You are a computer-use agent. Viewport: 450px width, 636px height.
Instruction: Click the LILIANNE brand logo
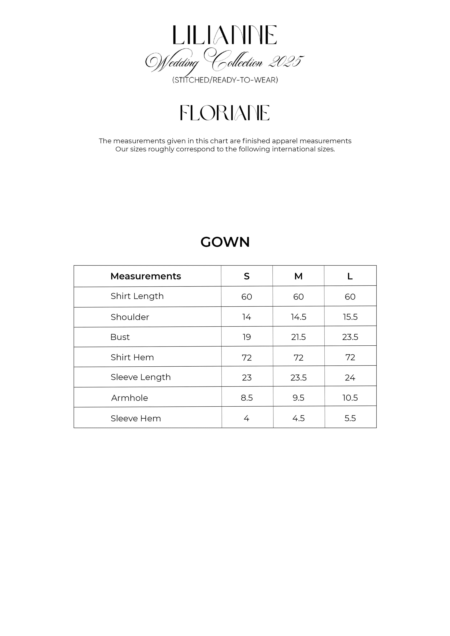[225, 35]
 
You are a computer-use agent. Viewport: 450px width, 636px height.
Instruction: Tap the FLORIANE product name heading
[225, 113]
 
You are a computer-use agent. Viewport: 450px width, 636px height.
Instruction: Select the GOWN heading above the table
[225, 242]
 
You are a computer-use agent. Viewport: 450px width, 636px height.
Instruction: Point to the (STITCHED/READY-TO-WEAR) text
[225, 80]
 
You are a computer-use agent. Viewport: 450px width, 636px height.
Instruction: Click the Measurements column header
[145, 276]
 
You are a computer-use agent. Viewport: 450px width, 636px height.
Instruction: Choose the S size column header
[247, 276]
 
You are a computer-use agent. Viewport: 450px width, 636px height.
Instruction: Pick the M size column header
[298, 276]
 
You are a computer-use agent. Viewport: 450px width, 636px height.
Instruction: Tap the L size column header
[350, 276]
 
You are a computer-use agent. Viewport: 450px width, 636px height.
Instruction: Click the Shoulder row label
[130, 317]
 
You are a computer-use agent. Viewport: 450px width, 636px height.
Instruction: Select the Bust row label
[120, 337]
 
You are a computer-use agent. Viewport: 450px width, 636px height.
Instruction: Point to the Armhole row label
[129, 398]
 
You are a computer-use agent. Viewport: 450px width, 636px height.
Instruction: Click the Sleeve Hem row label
[136, 418]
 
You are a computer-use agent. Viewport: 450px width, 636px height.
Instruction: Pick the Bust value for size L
[350, 337]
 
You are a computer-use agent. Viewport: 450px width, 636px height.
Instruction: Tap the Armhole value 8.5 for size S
[247, 398]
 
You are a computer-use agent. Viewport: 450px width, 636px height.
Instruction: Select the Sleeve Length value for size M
[298, 377]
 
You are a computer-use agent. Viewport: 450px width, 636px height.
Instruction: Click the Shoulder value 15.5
[350, 317]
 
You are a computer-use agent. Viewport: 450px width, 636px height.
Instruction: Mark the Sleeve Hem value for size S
[247, 418]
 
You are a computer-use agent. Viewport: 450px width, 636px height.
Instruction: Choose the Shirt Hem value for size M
[298, 358]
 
